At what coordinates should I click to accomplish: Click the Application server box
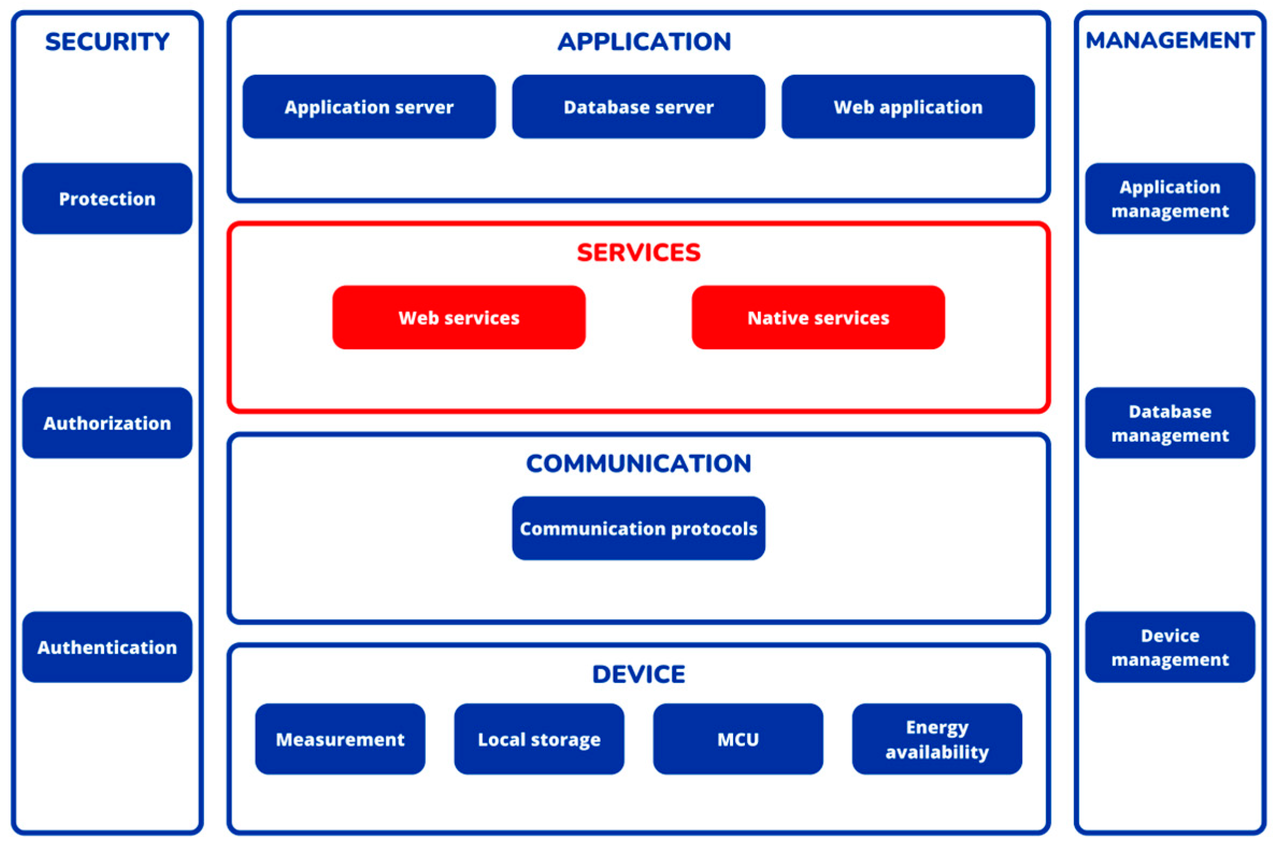coord(369,107)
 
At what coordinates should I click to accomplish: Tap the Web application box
coord(908,107)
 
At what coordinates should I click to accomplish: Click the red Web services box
coord(458,317)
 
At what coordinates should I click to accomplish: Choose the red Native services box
coord(818,317)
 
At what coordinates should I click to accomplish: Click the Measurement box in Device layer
coord(340,739)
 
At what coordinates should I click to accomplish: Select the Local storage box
coord(539,739)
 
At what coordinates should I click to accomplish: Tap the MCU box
coord(738,739)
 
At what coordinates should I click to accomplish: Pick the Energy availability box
coord(937,739)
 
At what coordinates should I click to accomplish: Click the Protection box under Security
coord(107,198)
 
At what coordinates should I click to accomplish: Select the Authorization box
coord(107,423)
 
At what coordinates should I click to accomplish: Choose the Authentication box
coord(107,647)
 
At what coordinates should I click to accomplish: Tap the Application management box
coord(1170,198)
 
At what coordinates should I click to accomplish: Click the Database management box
coord(1170,423)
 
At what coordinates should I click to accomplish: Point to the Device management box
coord(1170,647)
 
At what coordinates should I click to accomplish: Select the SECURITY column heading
coord(107,41)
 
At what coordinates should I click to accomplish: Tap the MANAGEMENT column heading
coord(1170,40)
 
